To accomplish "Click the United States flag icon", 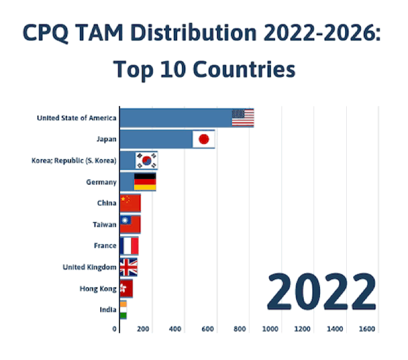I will [x=242, y=118].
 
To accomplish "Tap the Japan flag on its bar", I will [x=203, y=139].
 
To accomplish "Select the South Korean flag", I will [x=146, y=160].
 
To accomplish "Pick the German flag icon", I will [x=145, y=182].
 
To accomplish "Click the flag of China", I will [x=130, y=203].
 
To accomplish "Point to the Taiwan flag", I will [x=130, y=224].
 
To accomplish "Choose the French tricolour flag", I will [x=129, y=246].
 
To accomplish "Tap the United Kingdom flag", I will [x=128, y=267].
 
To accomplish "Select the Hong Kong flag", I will [x=126, y=288].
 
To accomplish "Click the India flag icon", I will [x=123, y=310].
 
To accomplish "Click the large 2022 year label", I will [x=321, y=294].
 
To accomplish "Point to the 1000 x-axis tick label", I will [x=270, y=330].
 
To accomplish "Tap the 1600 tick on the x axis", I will [x=367, y=330].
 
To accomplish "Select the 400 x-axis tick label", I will [x=176, y=330].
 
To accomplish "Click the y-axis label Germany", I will [x=101, y=182].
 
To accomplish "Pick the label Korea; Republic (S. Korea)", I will [x=74, y=160].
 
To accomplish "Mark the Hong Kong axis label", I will [x=98, y=288].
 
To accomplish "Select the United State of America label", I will [x=76, y=118].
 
